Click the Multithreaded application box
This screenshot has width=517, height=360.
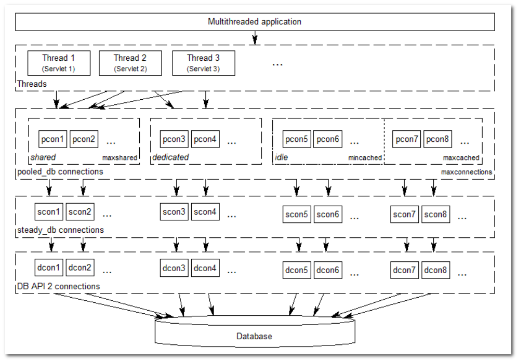[x=255, y=22]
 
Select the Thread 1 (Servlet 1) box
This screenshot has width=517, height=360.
[x=59, y=63]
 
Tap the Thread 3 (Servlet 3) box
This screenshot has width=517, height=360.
[x=204, y=63]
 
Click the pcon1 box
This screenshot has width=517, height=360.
[x=53, y=139]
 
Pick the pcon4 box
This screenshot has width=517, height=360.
[x=206, y=139]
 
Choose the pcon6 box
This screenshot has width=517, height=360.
[x=328, y=139]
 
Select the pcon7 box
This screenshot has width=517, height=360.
[x=407, y=139]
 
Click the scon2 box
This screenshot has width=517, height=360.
[x=81, y=212]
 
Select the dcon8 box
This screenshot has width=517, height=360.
[x=435, y=270]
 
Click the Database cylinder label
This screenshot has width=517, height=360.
[x=254, y=336]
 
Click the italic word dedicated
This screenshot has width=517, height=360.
[x=170, y=157]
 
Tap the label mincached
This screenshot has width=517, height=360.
[x=365, y=158]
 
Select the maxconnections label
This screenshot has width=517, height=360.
[x=466, y=172]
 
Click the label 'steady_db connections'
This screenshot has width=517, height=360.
[x=60, y=230]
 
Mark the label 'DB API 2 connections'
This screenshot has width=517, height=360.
[x=58, y=286]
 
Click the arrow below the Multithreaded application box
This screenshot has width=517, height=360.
[x=255, y=38]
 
